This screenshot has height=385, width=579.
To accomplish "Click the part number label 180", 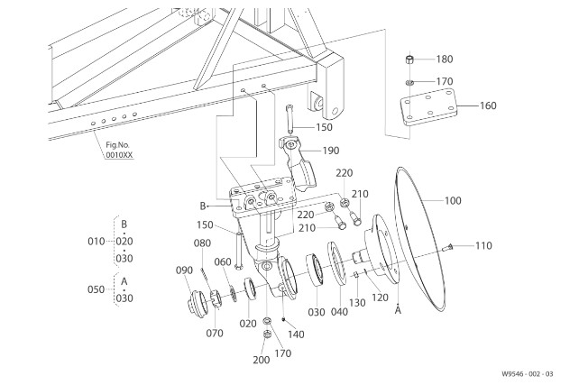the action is [445, 60].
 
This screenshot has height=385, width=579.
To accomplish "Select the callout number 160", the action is [488, 105].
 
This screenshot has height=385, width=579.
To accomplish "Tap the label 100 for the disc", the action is [453, 201].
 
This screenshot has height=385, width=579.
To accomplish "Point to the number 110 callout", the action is [483, 245].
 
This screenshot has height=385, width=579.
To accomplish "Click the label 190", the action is [330, 151].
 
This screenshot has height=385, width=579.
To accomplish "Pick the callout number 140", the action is [296, 335].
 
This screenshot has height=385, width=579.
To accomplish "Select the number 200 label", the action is [261, 360].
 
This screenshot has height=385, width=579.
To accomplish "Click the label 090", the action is [184, 270].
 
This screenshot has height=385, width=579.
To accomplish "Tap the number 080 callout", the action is [202, 243].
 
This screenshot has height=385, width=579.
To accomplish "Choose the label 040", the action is [339, 312].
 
